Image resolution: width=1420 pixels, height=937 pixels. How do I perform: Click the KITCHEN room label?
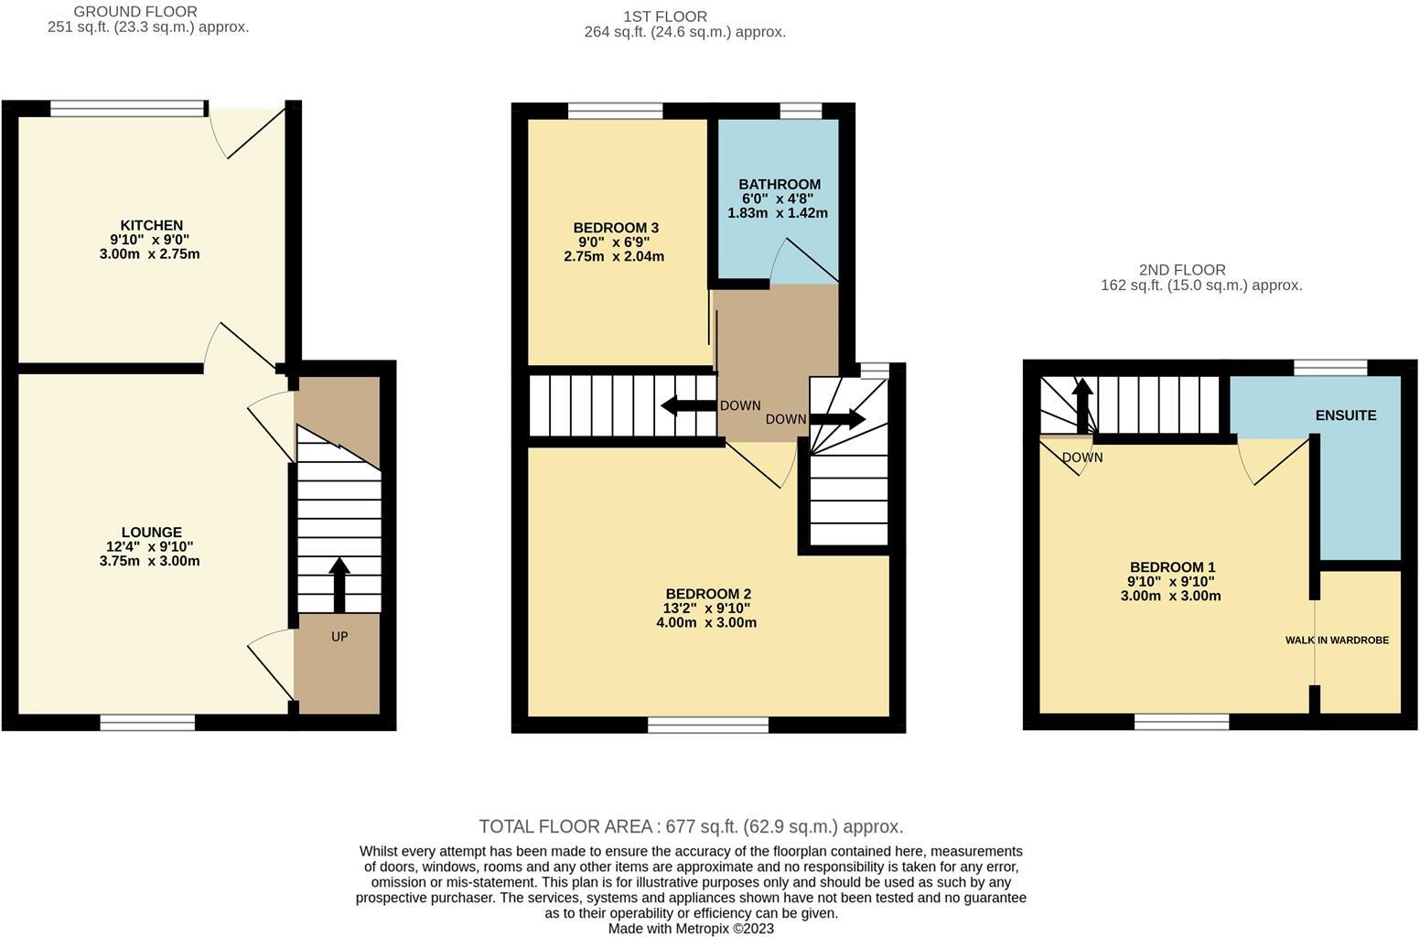[151, 225]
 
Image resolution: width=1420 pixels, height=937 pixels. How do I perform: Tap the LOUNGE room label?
[151, 532]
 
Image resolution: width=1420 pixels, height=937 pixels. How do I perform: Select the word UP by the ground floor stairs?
[339, 637]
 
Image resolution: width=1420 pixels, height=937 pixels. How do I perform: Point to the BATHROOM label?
[780, 184]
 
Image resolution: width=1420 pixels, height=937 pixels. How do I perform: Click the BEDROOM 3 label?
[616, 228]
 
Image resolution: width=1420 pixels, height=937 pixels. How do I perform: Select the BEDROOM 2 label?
[708, 594]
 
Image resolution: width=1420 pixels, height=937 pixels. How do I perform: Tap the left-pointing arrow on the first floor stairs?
[687, 405]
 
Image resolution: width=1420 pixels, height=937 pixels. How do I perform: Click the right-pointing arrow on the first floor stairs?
[837, 419]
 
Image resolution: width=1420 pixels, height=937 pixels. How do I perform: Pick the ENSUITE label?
[1345, 415]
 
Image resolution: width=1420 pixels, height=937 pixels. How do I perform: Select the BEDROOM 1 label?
[1172, 567]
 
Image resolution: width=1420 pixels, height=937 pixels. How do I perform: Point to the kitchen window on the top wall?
[128, 109]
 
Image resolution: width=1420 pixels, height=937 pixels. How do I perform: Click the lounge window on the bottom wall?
[147, 723]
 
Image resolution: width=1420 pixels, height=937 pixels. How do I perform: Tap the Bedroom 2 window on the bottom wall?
[708, 726]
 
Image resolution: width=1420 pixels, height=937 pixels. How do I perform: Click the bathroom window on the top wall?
[801, 111]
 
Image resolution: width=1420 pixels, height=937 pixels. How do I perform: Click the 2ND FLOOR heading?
[1182, 270]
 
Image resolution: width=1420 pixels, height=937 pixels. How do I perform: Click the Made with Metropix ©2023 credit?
[691, 928]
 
